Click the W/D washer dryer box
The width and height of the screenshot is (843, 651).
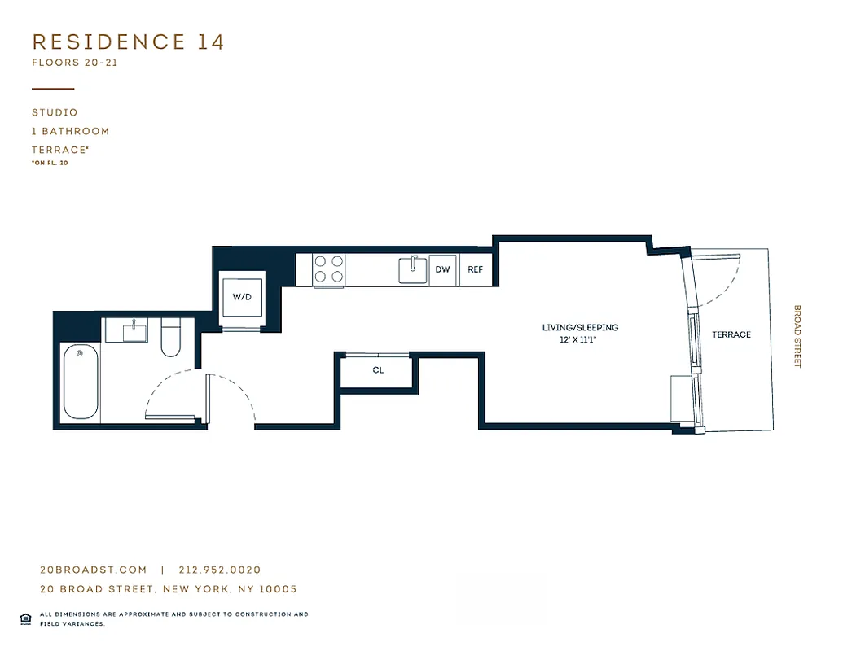click(243, 297)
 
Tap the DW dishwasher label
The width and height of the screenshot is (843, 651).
click(443, 269)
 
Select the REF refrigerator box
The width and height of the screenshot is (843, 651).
click(476, 269)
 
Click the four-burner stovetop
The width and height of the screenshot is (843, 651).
click(329, 269)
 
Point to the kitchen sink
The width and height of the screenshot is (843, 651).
click(414, 269)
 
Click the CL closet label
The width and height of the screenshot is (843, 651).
click(378, 370)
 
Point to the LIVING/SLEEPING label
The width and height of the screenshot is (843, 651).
click(580, 328)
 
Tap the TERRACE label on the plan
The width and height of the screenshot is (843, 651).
click(731, 334)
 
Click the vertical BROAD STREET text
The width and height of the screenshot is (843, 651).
click(797, 336)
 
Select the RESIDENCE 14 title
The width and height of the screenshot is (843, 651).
click(128, 42)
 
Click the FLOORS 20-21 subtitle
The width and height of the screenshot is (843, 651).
click(75, 63)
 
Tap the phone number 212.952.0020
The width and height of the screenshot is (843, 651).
click(219, 570)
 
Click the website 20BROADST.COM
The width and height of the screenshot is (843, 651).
click(94, 570)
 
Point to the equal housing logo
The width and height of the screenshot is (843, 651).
click(25, 618)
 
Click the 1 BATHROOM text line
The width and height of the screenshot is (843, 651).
click(70, 131)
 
